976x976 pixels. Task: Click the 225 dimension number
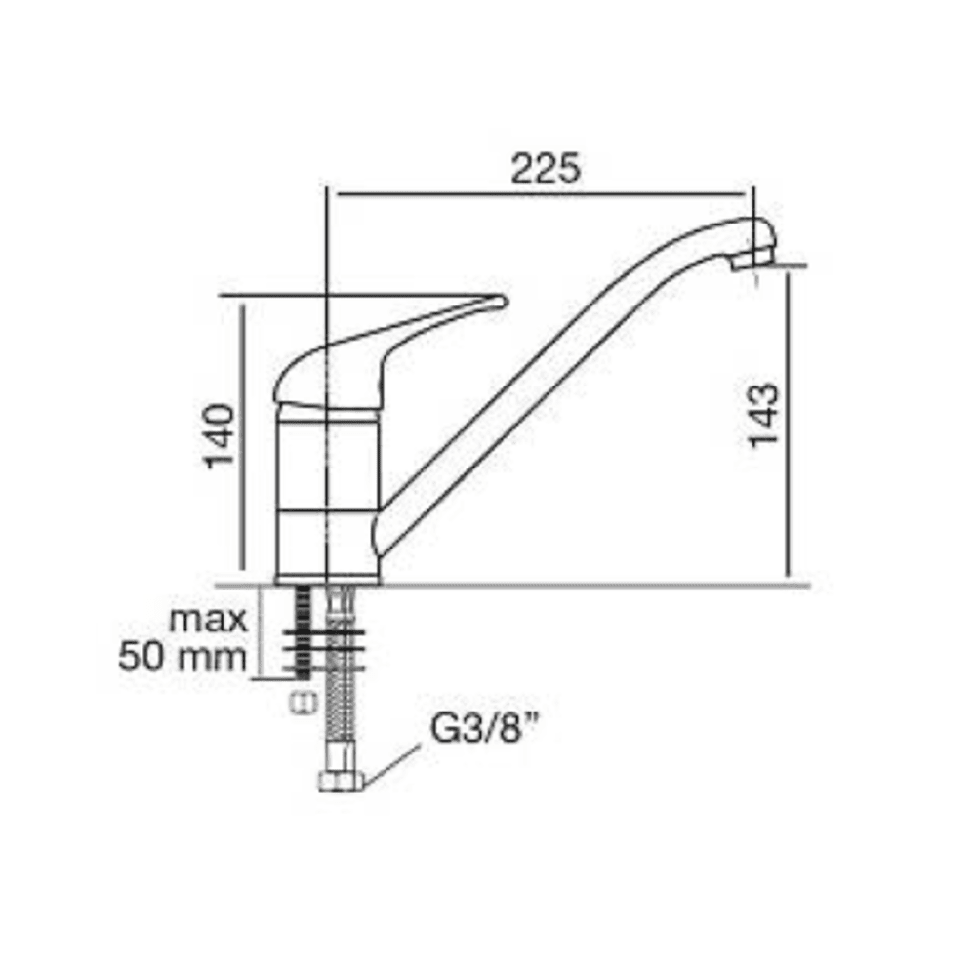tap(545, 168)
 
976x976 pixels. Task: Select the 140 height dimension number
tap(221, 436)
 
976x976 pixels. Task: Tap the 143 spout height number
tap(763, 415)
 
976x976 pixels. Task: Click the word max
tap(209, 620)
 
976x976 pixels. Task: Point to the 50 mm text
tap(183, 657)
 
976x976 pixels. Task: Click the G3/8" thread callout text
tap(484, 728)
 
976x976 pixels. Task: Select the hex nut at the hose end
tap(341, 781)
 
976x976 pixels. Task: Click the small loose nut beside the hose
tap(304, 704)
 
